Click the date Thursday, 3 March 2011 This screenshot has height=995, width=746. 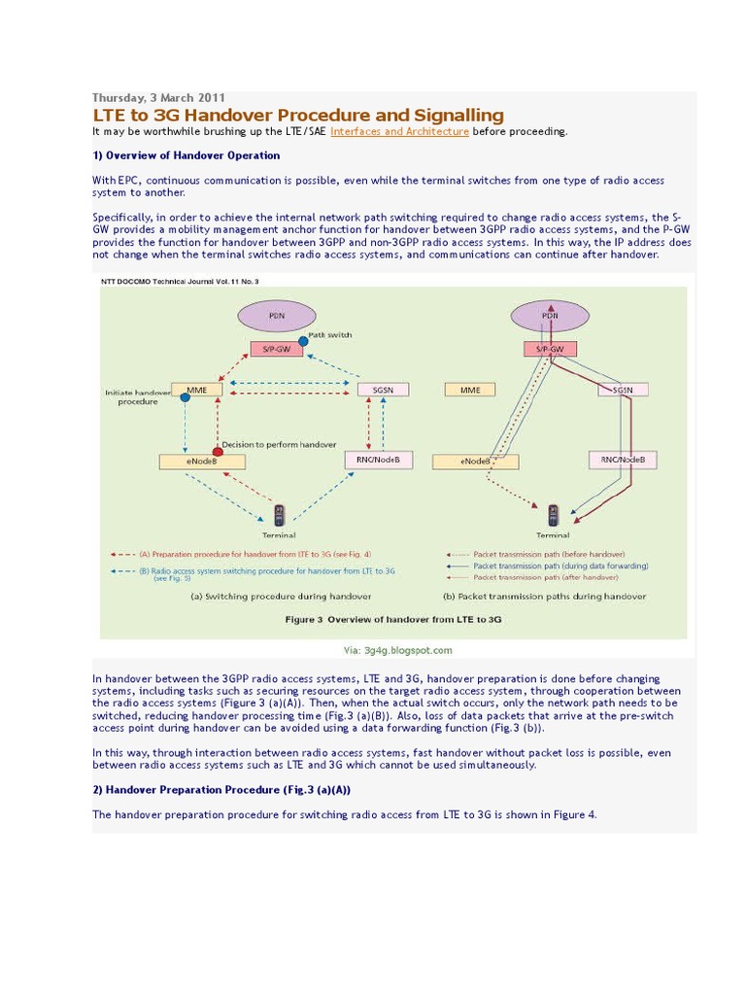(158, 98)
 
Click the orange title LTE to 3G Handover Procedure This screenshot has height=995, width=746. (298, 116)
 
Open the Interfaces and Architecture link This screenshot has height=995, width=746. (399, 131)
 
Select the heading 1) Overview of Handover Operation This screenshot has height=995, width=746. (186, 155)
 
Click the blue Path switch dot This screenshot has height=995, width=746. (303, 341)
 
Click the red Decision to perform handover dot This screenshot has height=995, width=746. (218, 452)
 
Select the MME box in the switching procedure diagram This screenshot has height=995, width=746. (197, 390)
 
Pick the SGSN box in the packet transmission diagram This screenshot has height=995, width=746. (615, 390)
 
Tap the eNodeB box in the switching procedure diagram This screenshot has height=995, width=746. (188, 462)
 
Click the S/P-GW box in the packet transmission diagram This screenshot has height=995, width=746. (551, 349)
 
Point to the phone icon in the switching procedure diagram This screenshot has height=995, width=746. (280, 513)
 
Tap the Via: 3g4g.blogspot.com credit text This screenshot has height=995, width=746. (393, 650)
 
